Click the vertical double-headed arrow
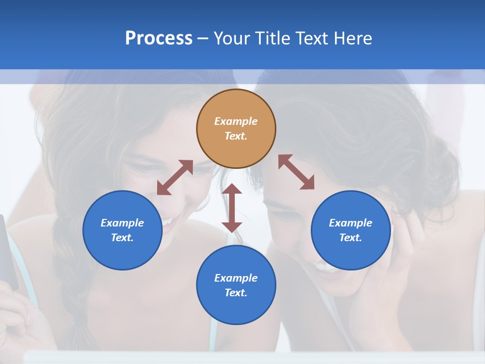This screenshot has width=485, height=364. (232, 208)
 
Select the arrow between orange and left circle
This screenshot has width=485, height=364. (175, 177)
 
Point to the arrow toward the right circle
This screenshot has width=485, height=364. (296, 172)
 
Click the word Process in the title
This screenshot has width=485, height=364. (159, 38)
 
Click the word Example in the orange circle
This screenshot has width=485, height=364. (236, 121)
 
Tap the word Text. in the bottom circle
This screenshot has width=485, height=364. (236, 293)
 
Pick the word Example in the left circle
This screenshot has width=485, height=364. (122, 223)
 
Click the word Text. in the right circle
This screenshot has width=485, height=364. (351, 238)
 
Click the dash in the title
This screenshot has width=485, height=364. (203, 38)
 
